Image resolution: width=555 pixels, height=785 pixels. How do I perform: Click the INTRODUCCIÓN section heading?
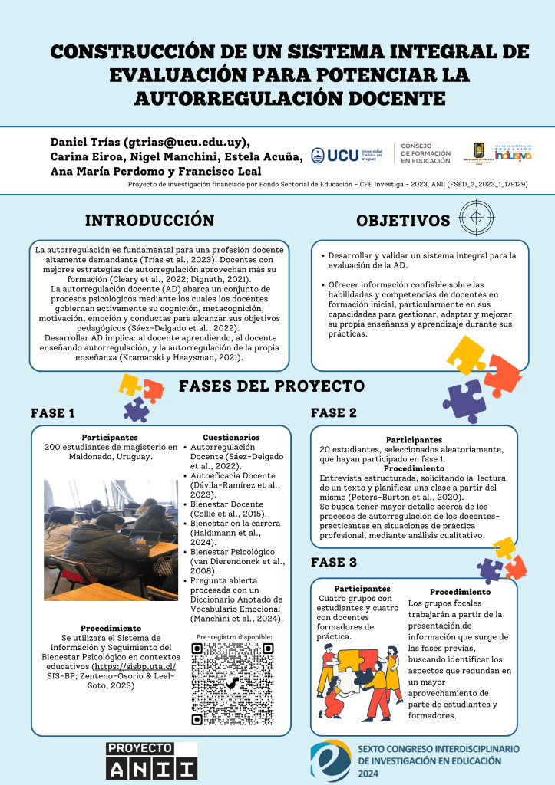pyautogui.click(x=149, y=221)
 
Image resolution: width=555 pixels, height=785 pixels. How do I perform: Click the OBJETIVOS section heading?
pyautogui.click(x=403, y=221)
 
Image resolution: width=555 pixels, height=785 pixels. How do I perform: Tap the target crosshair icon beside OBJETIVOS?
pyautogui.click(x=476, y=217)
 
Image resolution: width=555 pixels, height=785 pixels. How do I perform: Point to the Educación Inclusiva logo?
pyautogui.click(x=513, y=153)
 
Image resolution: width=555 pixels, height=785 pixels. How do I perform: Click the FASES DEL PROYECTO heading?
pyautogui.click(x=272, y=386)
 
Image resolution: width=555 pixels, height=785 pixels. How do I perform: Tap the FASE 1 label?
pyautogui.click(x=53, y=413)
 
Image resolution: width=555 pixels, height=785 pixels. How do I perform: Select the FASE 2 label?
pyautogui.click(x=334, y=413)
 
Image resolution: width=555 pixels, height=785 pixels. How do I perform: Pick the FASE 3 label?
pyautogui.click(x=334, y=563)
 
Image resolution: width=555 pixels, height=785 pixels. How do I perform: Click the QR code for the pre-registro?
pyautogui.click(x=233, y=684)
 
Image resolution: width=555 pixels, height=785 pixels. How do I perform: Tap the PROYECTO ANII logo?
pyautogui.click(x=151, y=760)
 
